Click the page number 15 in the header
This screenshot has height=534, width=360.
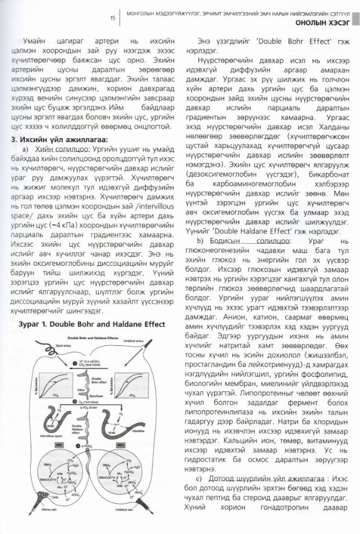point(112,18)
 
